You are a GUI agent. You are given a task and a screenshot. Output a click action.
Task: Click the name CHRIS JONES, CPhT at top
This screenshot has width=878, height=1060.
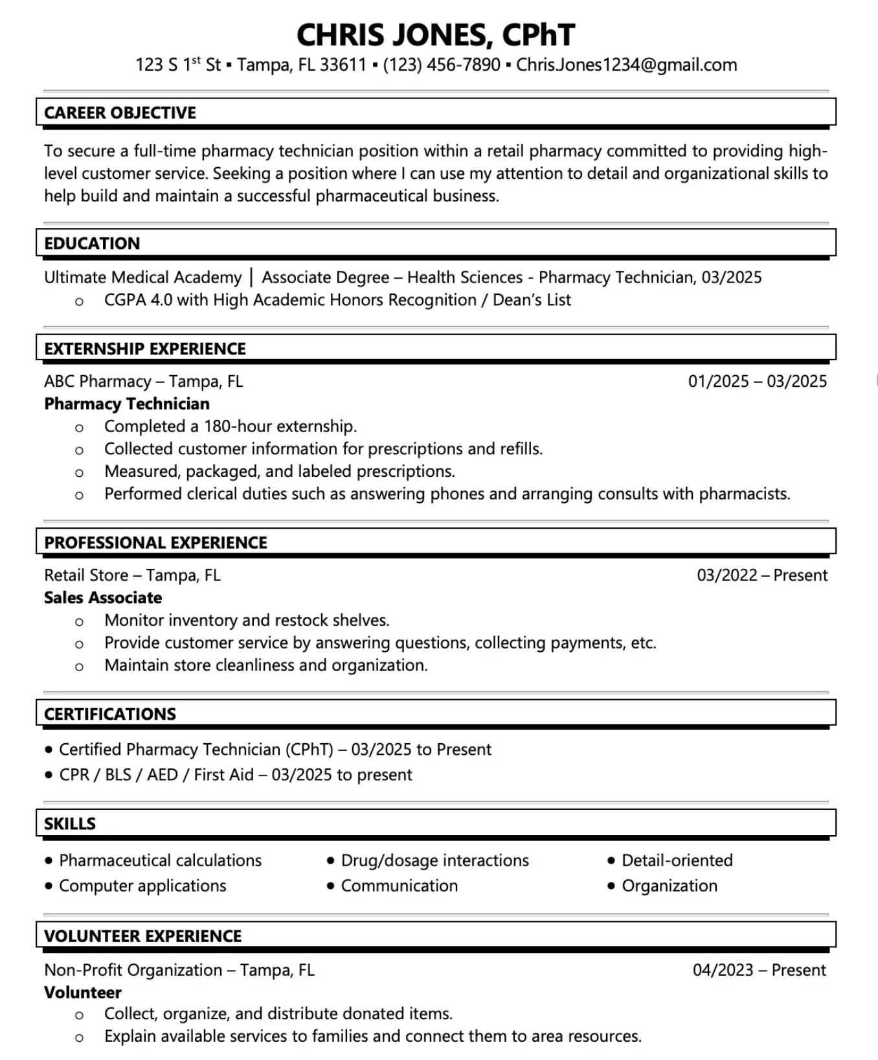pyautogui.click(x=435, y=35)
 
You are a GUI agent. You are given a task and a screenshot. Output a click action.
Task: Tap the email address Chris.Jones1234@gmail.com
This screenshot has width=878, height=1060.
pyautogui.click(x=626, y=65)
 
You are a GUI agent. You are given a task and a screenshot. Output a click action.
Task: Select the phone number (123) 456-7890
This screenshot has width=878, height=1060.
pyautogui.click(x=442, y=65)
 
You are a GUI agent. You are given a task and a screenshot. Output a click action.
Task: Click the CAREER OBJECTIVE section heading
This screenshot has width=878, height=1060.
pyautogui.click(x=120, y=113)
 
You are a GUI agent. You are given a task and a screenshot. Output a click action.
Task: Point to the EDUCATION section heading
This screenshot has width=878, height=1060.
pyautogui.click(x=92, y=244)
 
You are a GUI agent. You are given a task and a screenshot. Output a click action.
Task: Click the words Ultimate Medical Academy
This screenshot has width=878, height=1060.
pyautogui.click(x=142, y=278)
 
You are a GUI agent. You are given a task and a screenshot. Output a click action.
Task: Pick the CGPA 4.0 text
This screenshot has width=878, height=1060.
pyautogui.click(x=138, y=300)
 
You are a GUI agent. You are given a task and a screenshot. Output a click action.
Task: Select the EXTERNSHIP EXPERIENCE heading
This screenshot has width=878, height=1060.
pyautogui.click(x=145, y=349)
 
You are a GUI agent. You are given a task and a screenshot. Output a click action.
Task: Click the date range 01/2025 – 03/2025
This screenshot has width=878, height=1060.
pyautogui.click(x=757, y=382)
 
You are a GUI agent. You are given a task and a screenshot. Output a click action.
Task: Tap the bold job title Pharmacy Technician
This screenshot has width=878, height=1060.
pyautogui.click(x=127, y=404)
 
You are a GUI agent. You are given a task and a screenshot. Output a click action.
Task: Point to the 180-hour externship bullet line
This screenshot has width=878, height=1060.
pyautogui.click(x=231, y=426)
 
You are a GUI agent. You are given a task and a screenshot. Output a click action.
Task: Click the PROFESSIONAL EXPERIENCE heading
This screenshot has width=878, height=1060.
pyautogui.click(x=155, y=543)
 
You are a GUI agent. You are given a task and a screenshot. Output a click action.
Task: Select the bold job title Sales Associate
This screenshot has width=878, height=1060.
pyautogui.click(x=103, y=598)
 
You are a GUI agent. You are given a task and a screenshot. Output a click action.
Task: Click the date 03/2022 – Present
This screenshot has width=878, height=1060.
pyautogui.click(x=761, y=575)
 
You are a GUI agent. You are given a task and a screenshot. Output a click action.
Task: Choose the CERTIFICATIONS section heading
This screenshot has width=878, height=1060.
pyautogui.click(x=110, y=714)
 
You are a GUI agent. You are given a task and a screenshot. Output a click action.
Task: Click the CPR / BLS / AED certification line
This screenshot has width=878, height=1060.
pyautogui.click(x=235, y=775)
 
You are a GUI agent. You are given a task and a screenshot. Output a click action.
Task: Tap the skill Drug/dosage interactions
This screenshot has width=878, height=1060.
pyautogui.click(x=434, y=860)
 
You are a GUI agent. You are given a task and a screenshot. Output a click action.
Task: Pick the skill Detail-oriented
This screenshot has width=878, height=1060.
pyautogui.click(x=677, y=860)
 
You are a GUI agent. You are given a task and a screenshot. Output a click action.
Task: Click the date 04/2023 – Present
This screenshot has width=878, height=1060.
pyautogui.click(x=759, y=970)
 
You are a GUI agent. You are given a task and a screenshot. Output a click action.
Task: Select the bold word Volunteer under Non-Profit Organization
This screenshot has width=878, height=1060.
pyautogui.click(x=83, y=993)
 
